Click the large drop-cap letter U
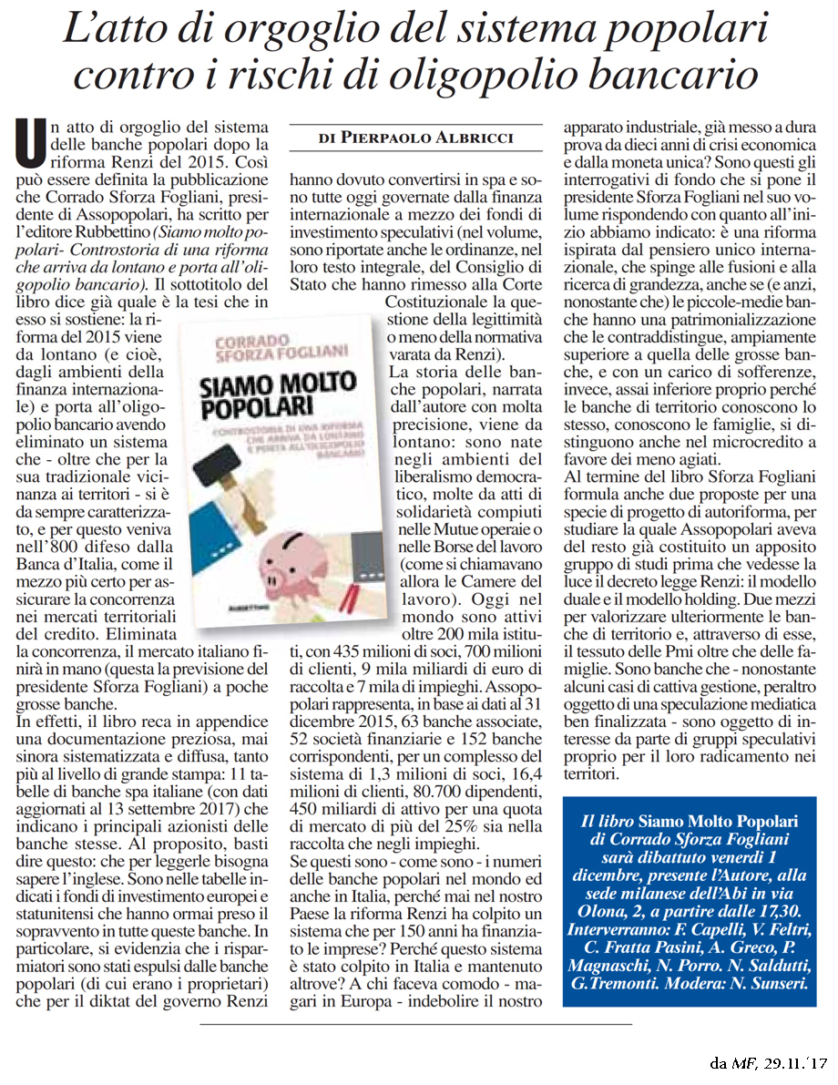tap(34, 145)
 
